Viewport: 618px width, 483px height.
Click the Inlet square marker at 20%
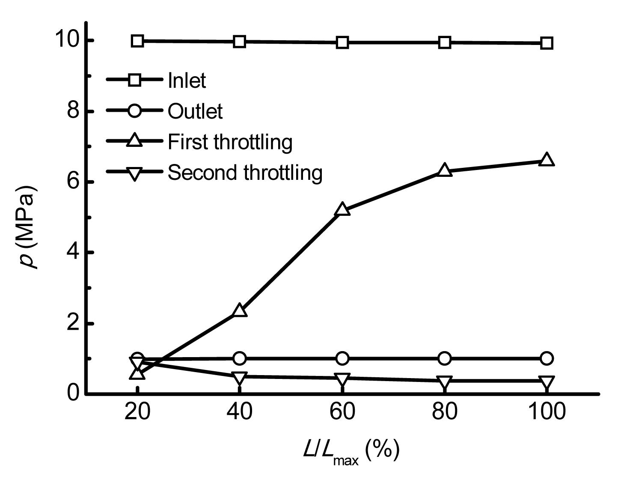click(x=137, y=41)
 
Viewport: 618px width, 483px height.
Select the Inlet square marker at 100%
click(x=547, y=43)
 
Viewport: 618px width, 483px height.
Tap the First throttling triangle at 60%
click(x=342, y=210)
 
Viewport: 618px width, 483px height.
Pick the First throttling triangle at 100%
click(x=547, y=160)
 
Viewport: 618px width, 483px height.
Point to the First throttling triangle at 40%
click(x=240, y=310)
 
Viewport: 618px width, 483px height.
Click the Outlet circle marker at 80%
click(x=445, y=358)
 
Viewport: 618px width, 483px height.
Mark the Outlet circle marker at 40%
click(x=240, y=358)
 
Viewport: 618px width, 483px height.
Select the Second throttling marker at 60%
click(x=342, y=379)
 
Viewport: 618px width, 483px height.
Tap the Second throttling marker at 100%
click(x=547, y=382)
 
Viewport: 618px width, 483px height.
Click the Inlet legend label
click(x=187, y=80)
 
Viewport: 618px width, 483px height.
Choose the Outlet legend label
click(x=195, y=111)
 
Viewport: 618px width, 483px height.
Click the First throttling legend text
click(x=230, y=142)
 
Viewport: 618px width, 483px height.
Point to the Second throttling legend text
click(x=244, y=173)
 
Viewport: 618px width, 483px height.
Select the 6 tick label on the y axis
click(x=73, y=182)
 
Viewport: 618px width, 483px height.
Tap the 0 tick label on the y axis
click(x=73, y=393)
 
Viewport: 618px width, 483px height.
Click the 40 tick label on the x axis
click(x=240, y=412)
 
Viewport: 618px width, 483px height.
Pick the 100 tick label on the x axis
click(x=547, y=412)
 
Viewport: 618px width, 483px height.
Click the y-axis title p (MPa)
click(x=29, y=227)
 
